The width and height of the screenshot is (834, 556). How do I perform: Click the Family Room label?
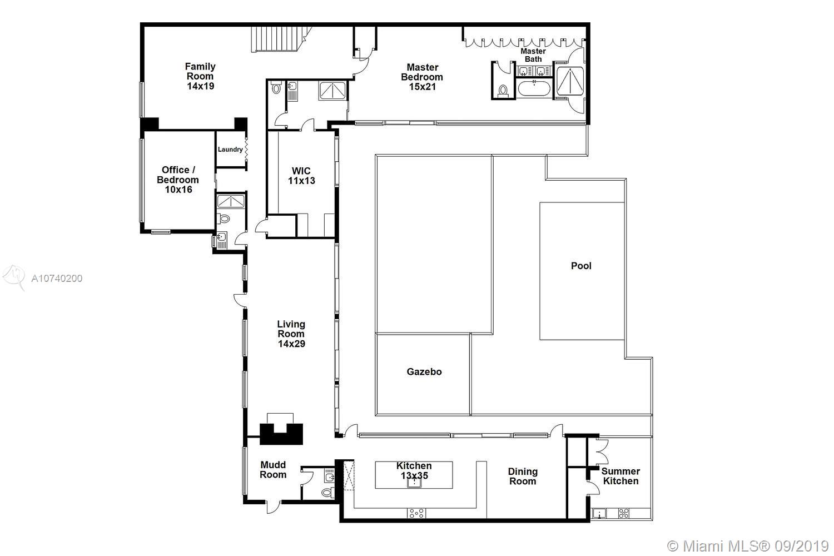(x=200, y=76)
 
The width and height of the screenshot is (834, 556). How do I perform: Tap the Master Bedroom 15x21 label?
(x=422, y=77)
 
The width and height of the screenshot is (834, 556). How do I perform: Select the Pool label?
(x=581, y=266)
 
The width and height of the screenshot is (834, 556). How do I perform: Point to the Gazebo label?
(x=424, y=371)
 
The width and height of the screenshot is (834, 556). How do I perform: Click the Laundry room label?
(x=230, y=150)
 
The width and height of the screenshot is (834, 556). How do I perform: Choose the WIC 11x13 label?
(x=301, y=176)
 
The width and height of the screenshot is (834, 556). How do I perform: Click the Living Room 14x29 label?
(x=291, y=334)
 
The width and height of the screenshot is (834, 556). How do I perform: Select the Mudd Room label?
(x=273, y=470)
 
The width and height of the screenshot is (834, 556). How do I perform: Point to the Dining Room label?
(x=523, y=476)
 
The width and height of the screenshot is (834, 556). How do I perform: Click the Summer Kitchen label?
(x=620, y=476)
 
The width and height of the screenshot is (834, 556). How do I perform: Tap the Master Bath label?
(x=533, y=55)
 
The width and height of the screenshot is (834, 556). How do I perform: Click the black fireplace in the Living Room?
(x=281, y=434)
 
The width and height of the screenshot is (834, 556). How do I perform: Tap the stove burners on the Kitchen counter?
(x=416, y=513)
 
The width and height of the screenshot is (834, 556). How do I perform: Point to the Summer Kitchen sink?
(x=599, y=514)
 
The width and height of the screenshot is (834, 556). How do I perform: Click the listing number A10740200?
(x=57, y=279)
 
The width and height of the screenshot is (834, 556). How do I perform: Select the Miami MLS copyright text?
(x=748, y=547)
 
